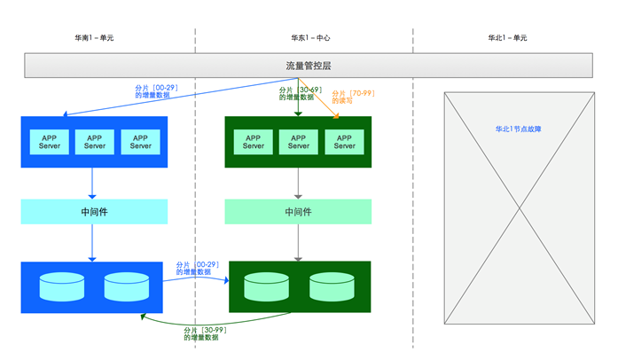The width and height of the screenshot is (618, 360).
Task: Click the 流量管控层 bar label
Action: click(309, 66)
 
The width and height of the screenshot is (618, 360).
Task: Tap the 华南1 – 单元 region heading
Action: click(94, 38)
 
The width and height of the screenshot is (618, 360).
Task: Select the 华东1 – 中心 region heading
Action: click(310, 38)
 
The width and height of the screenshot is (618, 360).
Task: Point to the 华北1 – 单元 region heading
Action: click(508, 38)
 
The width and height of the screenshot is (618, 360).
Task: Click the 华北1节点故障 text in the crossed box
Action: click(519, 129)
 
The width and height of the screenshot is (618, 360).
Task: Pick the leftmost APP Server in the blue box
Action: click(50, 142)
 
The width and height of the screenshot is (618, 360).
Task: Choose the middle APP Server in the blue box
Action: click(95, 142)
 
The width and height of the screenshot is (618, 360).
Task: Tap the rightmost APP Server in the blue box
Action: click(140, 142)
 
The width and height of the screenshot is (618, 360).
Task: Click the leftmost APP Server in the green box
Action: click(253, 142)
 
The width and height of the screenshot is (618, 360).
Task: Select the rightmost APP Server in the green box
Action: click(345, 142)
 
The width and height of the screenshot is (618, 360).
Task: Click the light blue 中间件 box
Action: click(94, 212)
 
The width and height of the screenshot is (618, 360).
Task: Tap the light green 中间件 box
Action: click(298, 212)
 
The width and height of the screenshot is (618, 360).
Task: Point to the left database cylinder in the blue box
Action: click(62, 286)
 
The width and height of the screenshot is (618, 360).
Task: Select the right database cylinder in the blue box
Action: click(127, 286)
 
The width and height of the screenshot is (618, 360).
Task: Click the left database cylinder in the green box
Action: click(266, 286)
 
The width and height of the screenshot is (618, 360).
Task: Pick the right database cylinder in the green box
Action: click(332, 286)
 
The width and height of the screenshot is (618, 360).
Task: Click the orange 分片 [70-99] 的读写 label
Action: click(353, 97)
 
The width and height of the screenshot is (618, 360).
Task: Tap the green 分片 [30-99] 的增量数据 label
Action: click(205, 333)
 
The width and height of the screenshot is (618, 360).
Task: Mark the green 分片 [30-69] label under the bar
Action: click(301, 90)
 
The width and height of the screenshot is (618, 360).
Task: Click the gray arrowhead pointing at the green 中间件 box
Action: click(298, 197)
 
